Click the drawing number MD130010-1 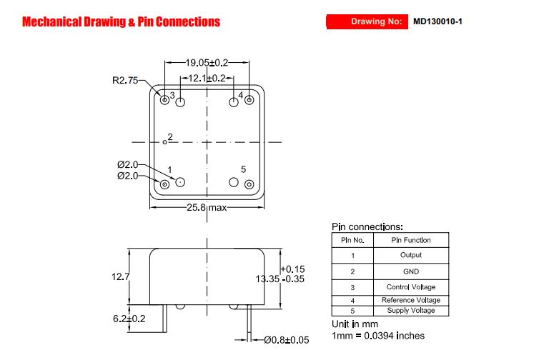pyautogui.click(x=437, y=21)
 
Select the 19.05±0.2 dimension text pyautogui.click(x=207, y=63)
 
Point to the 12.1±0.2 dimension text pyautogui.click(x=207, y=79)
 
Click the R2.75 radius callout pyautogui.click(x=125, y=81)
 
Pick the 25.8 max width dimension pyautogui.click(x=207, y=207)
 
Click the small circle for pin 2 pyautogui.click(x=164, y=142)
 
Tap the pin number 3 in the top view pyautogui.click(x=172, y=95)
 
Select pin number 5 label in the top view pyautogui.click(x=243, y=169)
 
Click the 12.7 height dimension pyautogui.click(x=120, y=276)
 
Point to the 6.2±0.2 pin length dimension pyautogui.click(x=129, y=319)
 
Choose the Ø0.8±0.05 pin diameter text pyautogui.click(x=287, y=340)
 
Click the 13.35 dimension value pyautogui.click(x=267, y=279)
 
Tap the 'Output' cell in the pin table pyautogui.click(x=411, y=255)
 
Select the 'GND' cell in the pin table pyautogui.click(x=411, y=271)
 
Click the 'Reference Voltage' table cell pyautogui.click(x=411, y=300)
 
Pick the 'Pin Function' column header pyautogui.click(x=411, y=240)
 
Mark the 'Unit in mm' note pyautogui.click(x=355, y=324)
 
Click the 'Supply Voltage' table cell pyautogui.click(x=411, y=311)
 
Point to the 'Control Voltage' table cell pyautogui.click(x=411, y=287)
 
